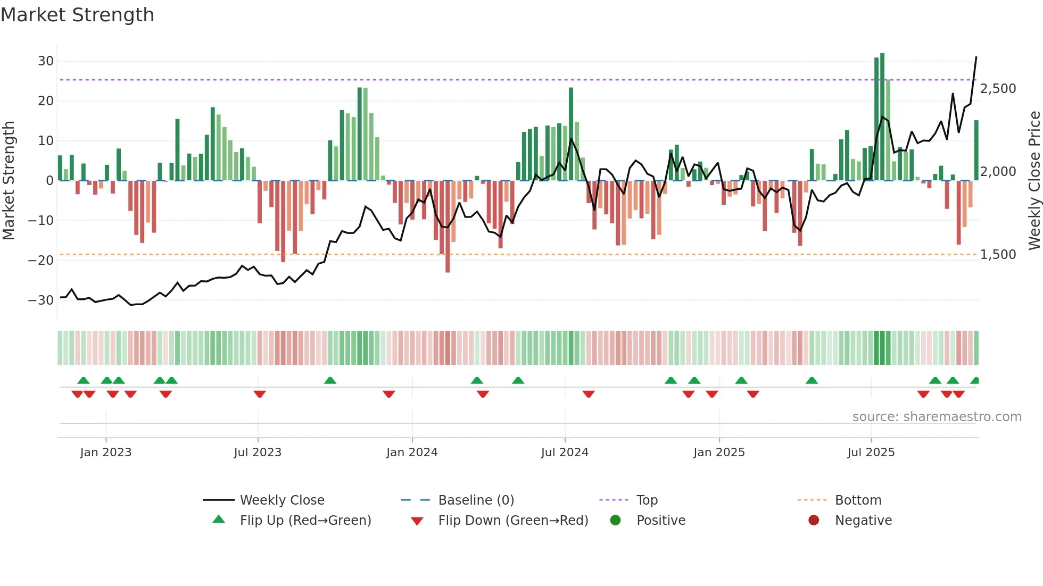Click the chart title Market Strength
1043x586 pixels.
[77, 15]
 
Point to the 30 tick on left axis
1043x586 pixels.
[46, 61]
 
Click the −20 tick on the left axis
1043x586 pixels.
[42, 261]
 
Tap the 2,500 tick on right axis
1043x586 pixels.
[998, 89]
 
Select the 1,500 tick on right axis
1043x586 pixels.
[998, 255]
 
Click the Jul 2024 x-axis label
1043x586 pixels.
[565, 453]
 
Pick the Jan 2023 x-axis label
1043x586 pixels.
[105, 453]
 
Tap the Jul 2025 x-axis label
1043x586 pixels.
[871, 453]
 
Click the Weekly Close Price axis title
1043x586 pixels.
[1034, 181]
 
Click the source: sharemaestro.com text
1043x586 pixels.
[937, 417]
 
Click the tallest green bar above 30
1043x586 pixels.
[882, 117]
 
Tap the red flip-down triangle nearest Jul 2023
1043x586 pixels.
[260, 394]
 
